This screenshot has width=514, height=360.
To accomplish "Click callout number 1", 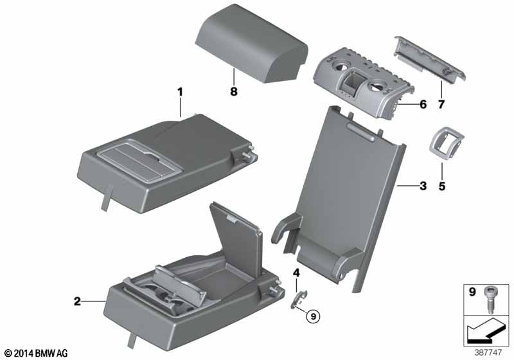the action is (x=180, y=92).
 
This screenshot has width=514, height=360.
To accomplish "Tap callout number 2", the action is (x=77, y=301).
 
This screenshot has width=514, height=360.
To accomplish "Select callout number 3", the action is (x=423, y=186).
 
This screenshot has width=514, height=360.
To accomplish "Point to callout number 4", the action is (x=296, y=273).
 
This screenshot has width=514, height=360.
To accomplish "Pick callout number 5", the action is (x=442, y=186).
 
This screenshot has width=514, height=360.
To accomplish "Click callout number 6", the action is (x=423, y=104).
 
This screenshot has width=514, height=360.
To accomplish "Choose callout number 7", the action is (x=441, y=104).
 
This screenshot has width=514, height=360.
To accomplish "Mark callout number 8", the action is (x=233, y=91).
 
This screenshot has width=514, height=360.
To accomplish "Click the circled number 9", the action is (x=314, y=316).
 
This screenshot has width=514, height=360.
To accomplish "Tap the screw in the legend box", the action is (x=488, y=300).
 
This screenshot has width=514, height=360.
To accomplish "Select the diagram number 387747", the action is (x=488, y=352).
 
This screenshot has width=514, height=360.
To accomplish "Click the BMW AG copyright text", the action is (x=37, y=353).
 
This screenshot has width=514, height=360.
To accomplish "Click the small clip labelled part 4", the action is (x=299, y=300).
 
